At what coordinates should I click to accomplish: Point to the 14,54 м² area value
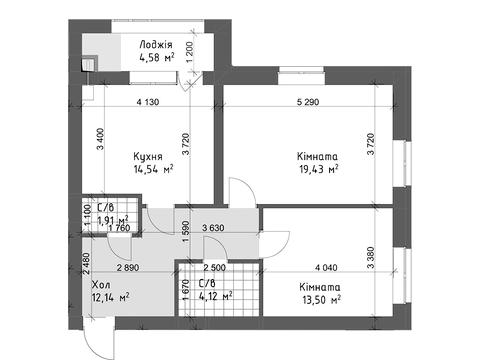tap(152, 170)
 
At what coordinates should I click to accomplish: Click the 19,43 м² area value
tap(317, 170)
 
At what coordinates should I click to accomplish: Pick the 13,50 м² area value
tap(319, 297)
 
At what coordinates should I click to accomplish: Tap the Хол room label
tap(100, 284)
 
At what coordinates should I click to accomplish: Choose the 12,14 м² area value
tap(109, 297)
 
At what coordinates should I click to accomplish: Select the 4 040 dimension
tap(329, 268)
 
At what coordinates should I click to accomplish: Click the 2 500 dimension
tap(214, 268)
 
